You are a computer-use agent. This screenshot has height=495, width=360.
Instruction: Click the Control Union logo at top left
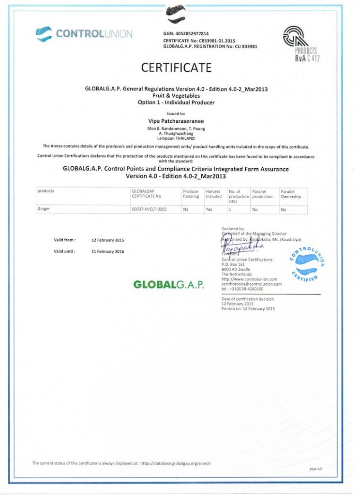tap(84, 34)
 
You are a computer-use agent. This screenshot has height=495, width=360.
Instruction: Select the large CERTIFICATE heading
tap(176, 68)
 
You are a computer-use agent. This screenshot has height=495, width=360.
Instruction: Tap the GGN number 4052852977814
tap(192, 33)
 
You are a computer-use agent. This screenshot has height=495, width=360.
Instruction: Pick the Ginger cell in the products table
tap(44, 209)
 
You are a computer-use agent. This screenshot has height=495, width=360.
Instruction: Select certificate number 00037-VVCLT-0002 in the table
tap(149, 209)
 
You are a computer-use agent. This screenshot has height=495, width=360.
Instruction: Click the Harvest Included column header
tap(213, 194)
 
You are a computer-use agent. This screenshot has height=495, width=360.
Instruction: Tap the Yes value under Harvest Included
tap(209, 209)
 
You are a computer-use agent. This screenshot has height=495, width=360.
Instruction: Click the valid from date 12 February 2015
tap(108, 240)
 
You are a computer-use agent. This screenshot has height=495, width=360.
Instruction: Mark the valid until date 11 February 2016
tap(107, 251)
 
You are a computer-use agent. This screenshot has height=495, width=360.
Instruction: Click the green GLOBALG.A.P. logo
tap(168, 284)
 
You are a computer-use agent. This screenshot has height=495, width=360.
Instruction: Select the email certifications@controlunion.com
tap(251, 284)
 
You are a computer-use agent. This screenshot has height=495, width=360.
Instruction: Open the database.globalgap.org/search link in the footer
tap(175, 463)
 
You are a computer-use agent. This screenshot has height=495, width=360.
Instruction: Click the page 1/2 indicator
tap(316, 468)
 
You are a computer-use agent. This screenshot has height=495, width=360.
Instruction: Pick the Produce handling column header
tap(191, 194)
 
